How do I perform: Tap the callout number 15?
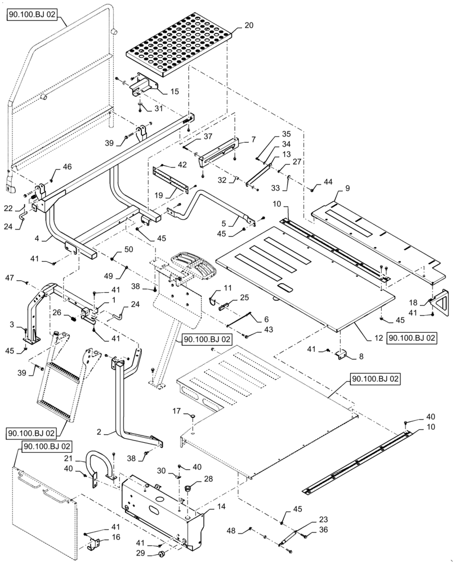175,91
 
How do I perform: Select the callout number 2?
99,431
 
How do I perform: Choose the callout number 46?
67,166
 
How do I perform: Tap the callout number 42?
182,165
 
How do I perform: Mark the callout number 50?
128,249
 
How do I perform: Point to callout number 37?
192,136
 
